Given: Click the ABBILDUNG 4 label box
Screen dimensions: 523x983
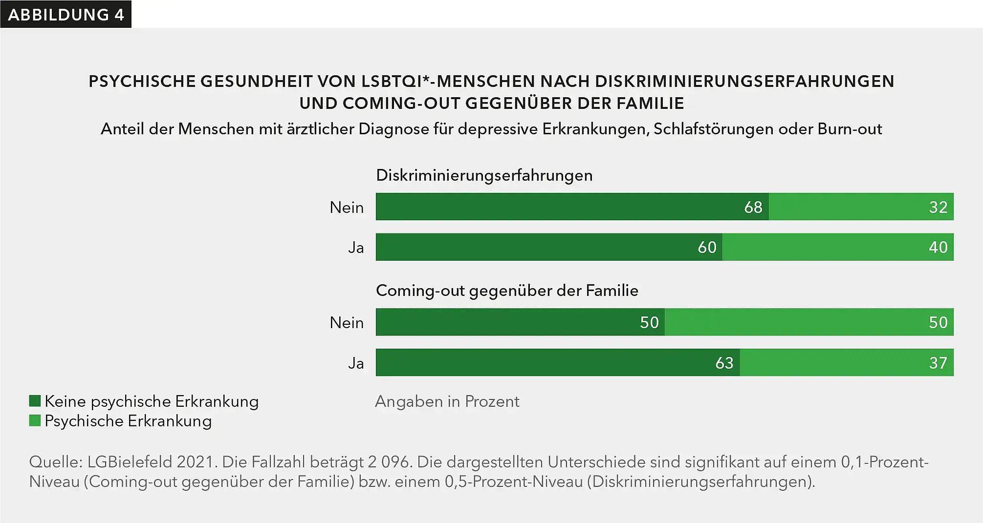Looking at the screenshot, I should (x=66, y=15).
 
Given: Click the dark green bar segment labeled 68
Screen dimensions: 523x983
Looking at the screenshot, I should (x=572, y=207).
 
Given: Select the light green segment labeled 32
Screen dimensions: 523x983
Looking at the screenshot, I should (x=860, y=207).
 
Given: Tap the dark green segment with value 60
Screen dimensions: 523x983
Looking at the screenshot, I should (x=548, y=247).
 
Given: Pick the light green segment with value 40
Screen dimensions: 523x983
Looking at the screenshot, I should (x=838, y=247).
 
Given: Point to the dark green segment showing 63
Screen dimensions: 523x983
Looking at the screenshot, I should (x=557, y=362).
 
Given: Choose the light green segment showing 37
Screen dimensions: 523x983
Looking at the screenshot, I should (x=847, y=362).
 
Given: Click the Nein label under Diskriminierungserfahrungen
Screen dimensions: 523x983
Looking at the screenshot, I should (x=347, y=207).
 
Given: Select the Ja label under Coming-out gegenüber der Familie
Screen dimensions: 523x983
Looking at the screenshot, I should (x=356, y=363).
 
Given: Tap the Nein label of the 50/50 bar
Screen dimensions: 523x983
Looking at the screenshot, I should (x=347, y=322).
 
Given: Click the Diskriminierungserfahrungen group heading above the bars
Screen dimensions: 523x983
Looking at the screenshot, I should (x=484, y=175).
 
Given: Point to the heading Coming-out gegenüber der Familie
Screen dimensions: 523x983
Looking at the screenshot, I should (x=507, y=291).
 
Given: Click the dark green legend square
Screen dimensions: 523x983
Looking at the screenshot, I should (x=35, y=401).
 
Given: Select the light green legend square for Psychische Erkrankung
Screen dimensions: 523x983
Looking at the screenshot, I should (x=35, y=420).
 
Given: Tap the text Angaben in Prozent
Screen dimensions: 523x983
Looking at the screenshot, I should (x=447, y=401).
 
